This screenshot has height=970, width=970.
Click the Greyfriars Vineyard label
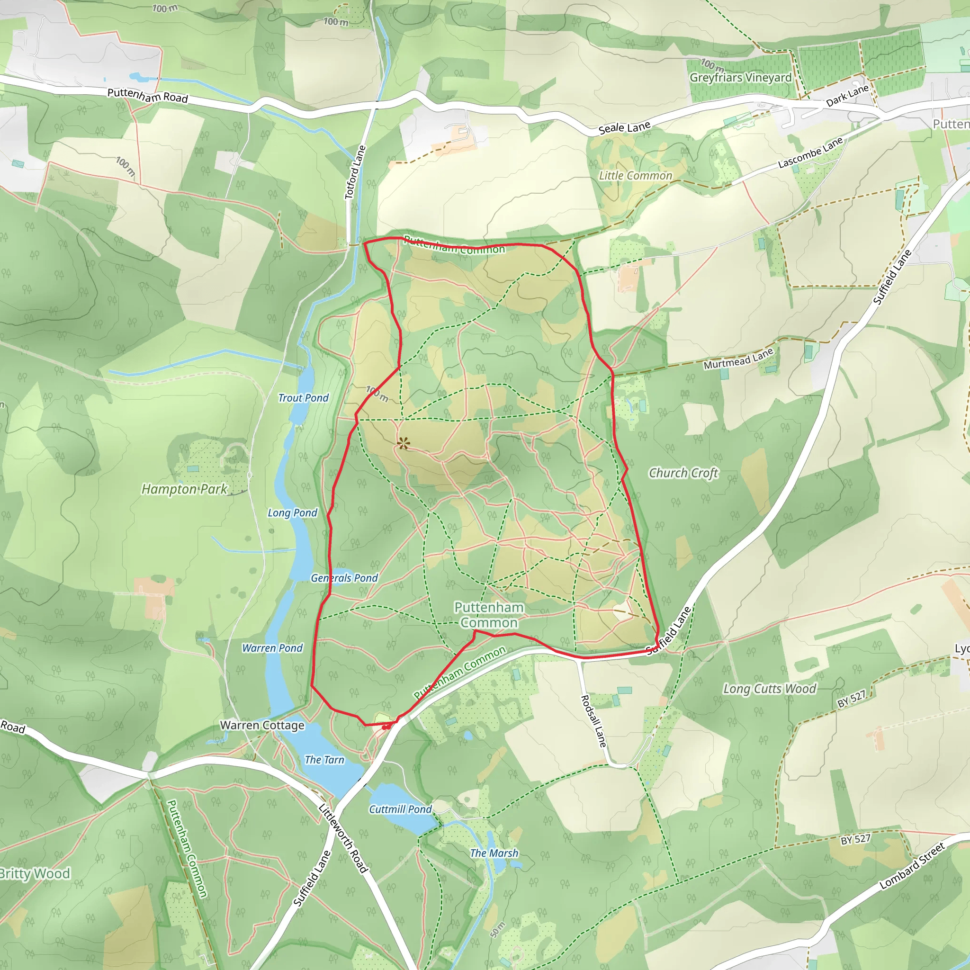[x=740, y=78]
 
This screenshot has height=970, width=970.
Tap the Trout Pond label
[x=303, y=398]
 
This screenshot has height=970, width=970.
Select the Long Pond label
[x=292, y=512]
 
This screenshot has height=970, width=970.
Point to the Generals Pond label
[x=344, y=578]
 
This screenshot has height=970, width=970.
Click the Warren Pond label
[x=272, y=648]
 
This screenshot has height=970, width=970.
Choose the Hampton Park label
[x=184, y=489]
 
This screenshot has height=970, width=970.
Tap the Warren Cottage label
[x=262, y=725]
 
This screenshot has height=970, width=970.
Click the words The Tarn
[x=324, y=760]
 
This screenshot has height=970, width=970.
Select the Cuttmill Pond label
[x=400, y=809]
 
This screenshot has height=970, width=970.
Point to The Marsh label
[x=494, y=853]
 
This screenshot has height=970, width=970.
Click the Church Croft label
[x=683, y=473]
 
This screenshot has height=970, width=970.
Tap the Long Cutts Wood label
[x=770, y=689]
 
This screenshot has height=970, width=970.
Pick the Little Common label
[x=636, y=176]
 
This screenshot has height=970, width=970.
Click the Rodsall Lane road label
[x=593, y=721]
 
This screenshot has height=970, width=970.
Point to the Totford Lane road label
[x=355, y=172]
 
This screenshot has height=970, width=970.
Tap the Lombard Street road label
[x=912, y=866]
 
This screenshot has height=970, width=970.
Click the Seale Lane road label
[x=625, y=127]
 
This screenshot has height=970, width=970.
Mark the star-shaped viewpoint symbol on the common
[x=403, y=443]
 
